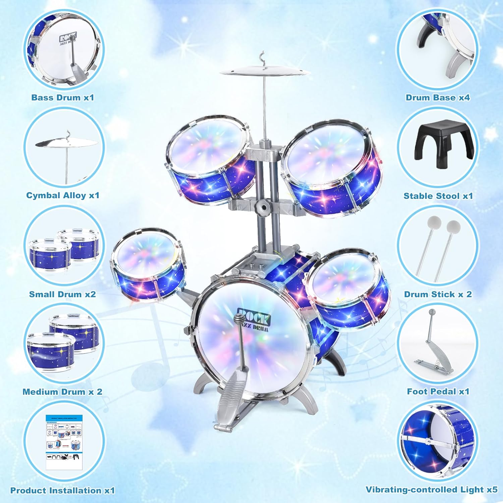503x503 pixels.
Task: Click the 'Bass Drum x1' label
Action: [63, 98]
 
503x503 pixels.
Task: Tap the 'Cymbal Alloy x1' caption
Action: [63, 195]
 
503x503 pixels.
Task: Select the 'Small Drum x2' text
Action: [62, 294]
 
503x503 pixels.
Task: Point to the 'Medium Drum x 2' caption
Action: [62, 392]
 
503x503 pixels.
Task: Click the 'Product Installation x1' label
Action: [62, 490]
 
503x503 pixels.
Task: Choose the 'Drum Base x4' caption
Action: [438, 98]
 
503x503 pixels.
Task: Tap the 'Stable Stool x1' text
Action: [438, 196]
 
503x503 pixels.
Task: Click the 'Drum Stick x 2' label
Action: [438, 294]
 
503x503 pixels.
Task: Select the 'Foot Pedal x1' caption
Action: [438, 391]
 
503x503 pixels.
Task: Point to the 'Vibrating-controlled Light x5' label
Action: [432, 490]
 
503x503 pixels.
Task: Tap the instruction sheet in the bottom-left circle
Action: [64, 442]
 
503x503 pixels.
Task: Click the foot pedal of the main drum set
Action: [231, 396]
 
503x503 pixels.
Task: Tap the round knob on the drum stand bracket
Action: [264, 207]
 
